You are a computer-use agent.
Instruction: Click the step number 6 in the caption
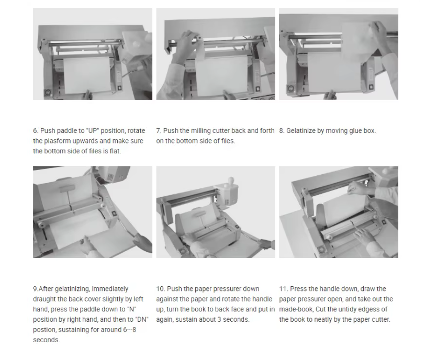tap(36, 131)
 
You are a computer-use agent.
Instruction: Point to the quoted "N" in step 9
tap(132, 309)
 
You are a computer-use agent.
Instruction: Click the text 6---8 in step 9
tap(129, 330)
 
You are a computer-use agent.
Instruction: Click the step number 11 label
tap(284, 289)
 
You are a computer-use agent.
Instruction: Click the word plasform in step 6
tap(58, 141)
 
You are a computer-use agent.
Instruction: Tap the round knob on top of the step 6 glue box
tap(136, 44)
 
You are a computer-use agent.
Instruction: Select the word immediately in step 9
tap(110, 289)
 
